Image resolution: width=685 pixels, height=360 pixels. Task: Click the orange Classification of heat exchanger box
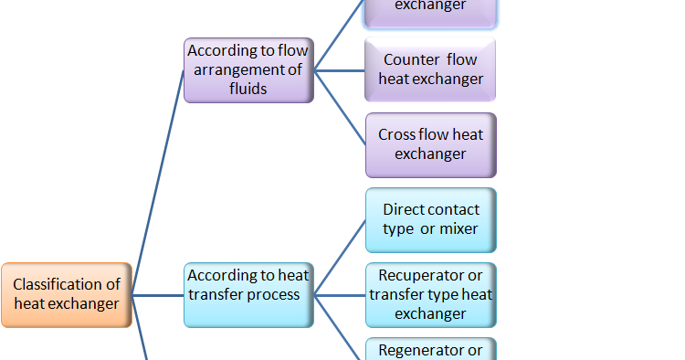click(x=67, y=294)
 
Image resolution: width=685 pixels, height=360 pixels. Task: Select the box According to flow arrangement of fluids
click(x=248, y=69)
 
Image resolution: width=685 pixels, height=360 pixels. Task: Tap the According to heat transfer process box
click(x=248, y=294)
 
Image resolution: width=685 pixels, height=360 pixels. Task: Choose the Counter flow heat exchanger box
click(x=430, y=69)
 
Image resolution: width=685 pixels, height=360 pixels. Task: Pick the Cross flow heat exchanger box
click(x=430, y=144)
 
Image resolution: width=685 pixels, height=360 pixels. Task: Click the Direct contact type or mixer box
click(x=430, y=220)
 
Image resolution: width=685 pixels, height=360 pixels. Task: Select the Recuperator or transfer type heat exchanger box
click(x=430, y=294)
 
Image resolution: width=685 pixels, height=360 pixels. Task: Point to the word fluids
click(x=248, y=90)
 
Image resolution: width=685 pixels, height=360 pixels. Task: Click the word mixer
click(x=458, y=229)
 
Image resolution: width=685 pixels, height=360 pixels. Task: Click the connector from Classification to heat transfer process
click(x=158, y=295)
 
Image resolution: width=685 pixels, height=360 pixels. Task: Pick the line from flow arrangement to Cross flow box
click(x=340, y=107)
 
